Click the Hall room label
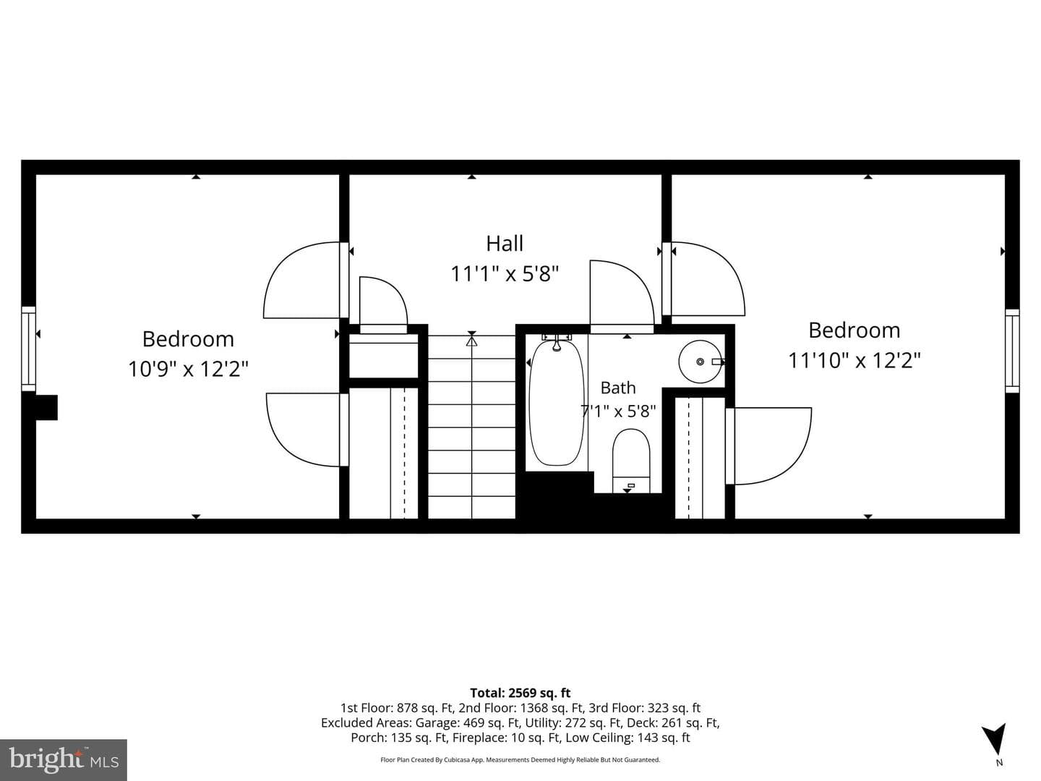tap(505, 244)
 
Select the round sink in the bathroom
tap(701, 362)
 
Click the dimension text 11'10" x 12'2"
tap(854, 360)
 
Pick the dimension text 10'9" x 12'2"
tap(188, 369)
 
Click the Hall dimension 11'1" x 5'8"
tap(505, 274)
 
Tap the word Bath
tap(618, 388)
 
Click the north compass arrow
tap(995, 741)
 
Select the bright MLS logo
tap(64, 759)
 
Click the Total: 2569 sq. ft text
tap(520, 693)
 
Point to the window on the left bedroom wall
tap(28, 349)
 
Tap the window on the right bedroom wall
tap(1012, 351)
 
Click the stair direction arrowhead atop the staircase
tap(471, 341)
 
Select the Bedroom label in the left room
tap(188, 339)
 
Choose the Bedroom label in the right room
tap(854, 330)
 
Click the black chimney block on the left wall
tap(46, 407)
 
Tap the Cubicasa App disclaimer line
tap(520, 759)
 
